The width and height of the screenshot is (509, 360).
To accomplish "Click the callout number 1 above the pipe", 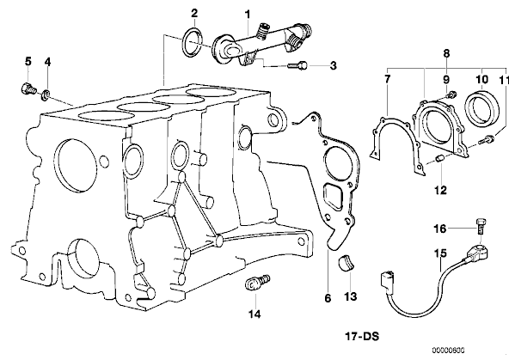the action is click(x=248, y=15).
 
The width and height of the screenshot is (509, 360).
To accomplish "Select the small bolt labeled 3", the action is click(x=297, y=65).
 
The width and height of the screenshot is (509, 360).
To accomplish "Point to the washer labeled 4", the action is click(x=46, y=95).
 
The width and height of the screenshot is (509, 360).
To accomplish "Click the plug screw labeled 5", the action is click(x=28, y=88).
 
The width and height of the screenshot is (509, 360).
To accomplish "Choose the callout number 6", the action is click(x=328, y=298).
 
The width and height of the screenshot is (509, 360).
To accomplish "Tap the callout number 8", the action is click(x=447, y=53).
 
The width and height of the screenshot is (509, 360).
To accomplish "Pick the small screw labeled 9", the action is click(x=451, y=95).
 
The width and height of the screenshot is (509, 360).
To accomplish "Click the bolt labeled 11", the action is click(x=487, y=139).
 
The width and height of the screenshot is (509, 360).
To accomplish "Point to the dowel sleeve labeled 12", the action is click(x=440, y=159).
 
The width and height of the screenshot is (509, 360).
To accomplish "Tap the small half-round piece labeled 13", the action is click(x=346, y=262).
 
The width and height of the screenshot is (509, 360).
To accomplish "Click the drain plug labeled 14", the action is click(x=257, y=282).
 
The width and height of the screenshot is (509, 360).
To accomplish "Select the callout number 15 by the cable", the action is click(x=441, y=253).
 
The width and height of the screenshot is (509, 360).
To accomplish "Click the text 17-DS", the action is click(x=362, y=337).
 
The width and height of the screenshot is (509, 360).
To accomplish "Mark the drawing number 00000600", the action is click(x=448, y=350).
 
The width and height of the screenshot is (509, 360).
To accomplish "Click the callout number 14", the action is click(x=254, y=314).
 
